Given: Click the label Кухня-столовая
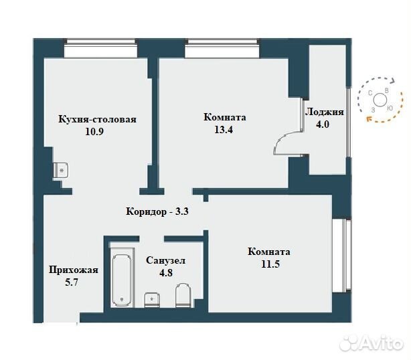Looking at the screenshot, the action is click(x=97, y=120).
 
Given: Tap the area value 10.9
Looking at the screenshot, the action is click(x=94, y=132).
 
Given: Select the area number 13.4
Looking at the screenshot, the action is click(x=224, y=129).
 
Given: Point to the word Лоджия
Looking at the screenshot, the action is click(x=325, y=112).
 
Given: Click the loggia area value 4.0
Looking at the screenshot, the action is click(x=322, y=124).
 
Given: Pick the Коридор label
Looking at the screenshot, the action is click(x=147, y=211).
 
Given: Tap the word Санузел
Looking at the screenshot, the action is click(x=165, y=261).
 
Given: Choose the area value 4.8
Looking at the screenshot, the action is click(x=166, y=273).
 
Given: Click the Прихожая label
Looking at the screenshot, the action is click(x=74, y=270).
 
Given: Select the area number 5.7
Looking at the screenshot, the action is click(x=72, y=282).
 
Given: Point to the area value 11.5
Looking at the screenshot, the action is click(x=270, y=264).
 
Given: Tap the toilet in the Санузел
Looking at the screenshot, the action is click(x=183, y=295).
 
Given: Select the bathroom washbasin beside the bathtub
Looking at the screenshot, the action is click(x=152, y=300).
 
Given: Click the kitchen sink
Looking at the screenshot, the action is click(x=61, y=171).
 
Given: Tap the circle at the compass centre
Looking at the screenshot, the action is click(x=380, y=100).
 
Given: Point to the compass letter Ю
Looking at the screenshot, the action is click(x=390, y=108).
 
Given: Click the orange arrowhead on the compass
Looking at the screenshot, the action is click(x=369, y=118).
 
